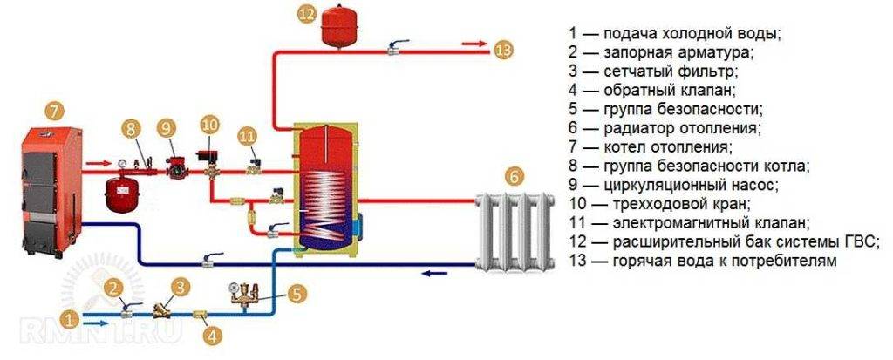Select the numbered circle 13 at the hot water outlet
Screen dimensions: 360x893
point(504,48)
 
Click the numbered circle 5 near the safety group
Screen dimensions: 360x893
point(297,293)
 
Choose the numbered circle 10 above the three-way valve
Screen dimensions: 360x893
point(209,124)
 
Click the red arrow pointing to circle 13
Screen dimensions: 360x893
point(474,44)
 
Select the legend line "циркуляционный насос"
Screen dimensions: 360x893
point(672,185)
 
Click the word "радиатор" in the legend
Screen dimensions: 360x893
point(631,127)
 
